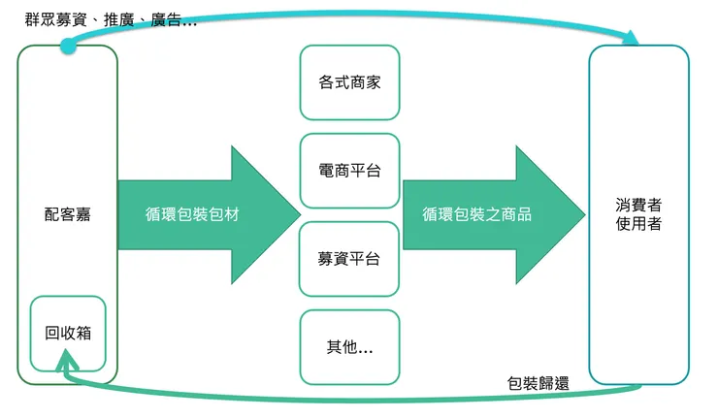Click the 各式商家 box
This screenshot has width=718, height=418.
pyautogui.click(x=349, y=82)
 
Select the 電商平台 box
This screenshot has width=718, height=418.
pyautogui.click(x=349, y=171)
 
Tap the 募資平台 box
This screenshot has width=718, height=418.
pyautogui.click(x=349, y=259)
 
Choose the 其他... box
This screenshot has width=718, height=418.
pyautogui.click(x=349, y=346)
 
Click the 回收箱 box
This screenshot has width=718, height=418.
pyautogui.click(x=67, y=334)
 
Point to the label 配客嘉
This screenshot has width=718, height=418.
pyautogui.click(x=67, y=214)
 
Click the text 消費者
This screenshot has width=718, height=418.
pyautogui.click(x=638, y=206)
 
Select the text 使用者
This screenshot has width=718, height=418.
pyautogui.click(x=638, y=225)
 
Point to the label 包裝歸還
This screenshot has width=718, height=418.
pyautogui.click(x=538, y=383)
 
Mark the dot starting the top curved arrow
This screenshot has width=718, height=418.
pyautogui.click(x=67, y=46)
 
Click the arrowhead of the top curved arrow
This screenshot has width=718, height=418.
pyautogui.click(x=632, y=39)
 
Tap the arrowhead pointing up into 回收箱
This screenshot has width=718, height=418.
pyautogui.click(x=67, y=362)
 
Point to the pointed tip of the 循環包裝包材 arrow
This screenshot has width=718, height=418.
pyautogui.click(x=299, y=214)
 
